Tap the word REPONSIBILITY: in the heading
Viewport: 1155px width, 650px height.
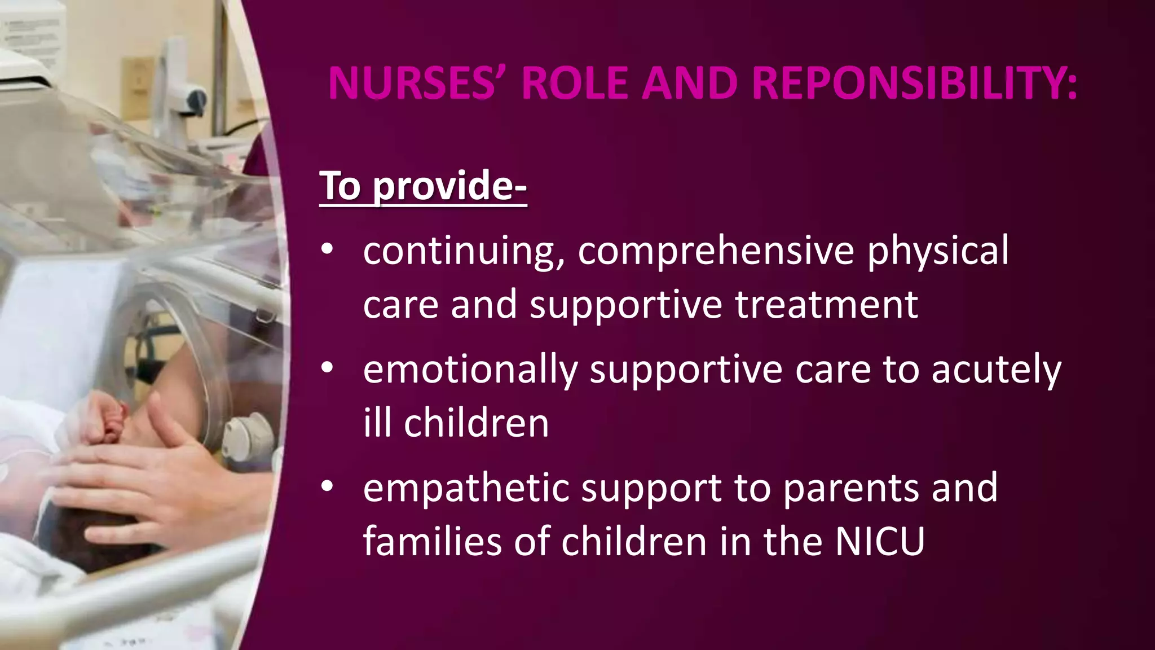(914, 84)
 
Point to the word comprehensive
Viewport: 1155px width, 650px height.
(716, 251)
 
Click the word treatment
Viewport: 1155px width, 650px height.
(826, 305)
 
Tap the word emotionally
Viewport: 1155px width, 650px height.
(470, 370)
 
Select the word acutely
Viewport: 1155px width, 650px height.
(996, 370)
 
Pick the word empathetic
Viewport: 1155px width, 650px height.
(466, 488)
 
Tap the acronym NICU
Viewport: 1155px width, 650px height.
(880, 542)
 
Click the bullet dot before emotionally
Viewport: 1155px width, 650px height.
(328, 368)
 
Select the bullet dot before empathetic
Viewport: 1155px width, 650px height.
(328, 487)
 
